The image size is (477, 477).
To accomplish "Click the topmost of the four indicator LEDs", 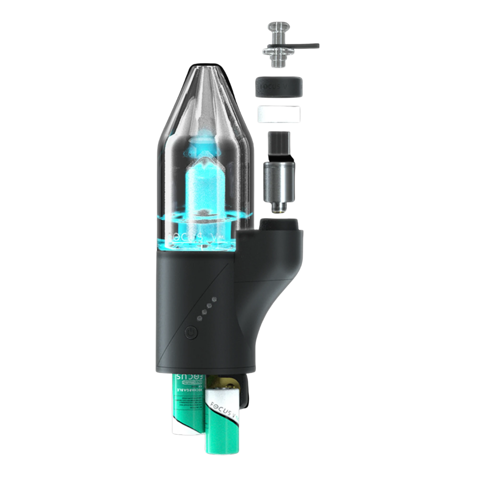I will pyautogui.click(x=214, y=300).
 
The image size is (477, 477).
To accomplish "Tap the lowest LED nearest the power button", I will pyautogui.click(x=199, y=319).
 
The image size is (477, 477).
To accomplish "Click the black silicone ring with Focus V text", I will pyautogui.click(x=279, y=87).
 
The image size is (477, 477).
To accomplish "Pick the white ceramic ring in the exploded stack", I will pyautogui.click(x=279, y=114).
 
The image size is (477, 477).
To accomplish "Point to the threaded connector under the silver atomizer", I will pyautogui.click(x=278, y=208).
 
